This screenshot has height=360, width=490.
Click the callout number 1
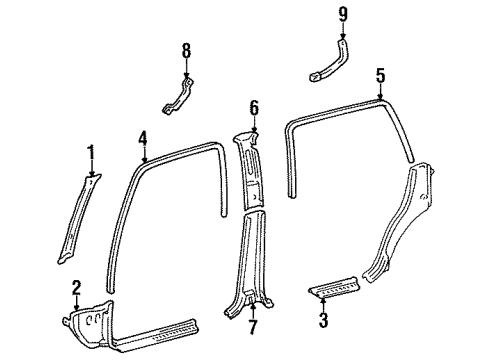[91, 152]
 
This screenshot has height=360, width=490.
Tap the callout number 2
[77, 288]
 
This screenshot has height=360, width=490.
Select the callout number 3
[322, 321]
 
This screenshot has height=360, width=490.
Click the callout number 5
[380, 75]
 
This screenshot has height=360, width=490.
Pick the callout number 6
[254, 106]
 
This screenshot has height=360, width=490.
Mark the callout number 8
[185, 49]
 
